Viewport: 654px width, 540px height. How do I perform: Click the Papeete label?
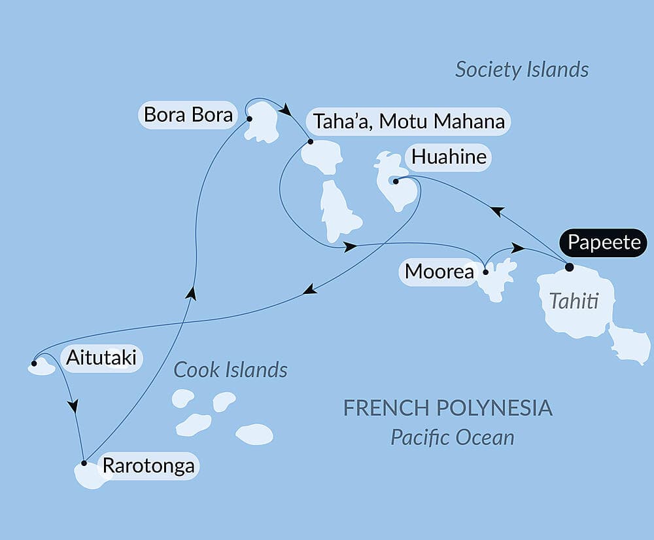[x=604, y=242]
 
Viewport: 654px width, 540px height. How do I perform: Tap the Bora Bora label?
[x=188, y=115]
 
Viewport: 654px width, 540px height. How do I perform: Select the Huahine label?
[x=449, y=157]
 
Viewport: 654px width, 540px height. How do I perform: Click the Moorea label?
[x=439, y=271]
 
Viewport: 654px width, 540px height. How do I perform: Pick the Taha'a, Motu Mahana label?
[x=409, y=121]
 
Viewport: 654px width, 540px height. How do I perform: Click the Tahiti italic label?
[x=573, y=301]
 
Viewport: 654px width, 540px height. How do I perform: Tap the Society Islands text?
[x=522, y=69]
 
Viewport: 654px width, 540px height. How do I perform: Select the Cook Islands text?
[x=230, y=370]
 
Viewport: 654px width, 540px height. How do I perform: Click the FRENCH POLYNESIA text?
[x=448, y=408]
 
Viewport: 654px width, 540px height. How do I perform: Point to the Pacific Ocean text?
[x=452, y=437]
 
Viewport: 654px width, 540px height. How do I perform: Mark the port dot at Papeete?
[x=569, y=267]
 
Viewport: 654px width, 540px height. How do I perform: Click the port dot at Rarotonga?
[x=84, y=463]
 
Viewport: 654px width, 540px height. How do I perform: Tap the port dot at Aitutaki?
[x=34, y=363]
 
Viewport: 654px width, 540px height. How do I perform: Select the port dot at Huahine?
[x=396, y=181]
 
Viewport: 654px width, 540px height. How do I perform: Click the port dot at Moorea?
[x=485, y=271]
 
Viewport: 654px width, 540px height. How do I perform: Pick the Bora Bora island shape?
[x=263, y=123]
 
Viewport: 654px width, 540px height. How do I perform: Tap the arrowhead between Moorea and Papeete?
[x=517, y=249]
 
